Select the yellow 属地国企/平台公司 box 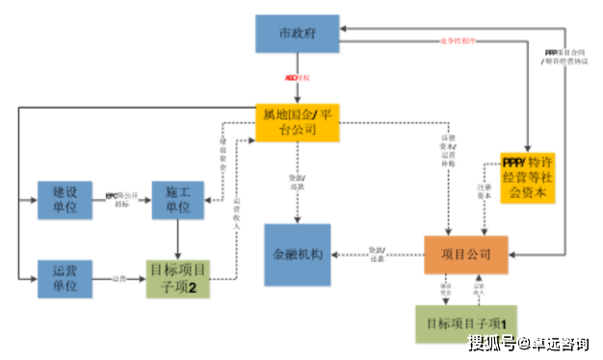299,122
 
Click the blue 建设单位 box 65,199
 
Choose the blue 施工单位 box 178,199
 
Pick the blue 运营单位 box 65,278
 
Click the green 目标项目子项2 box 178,278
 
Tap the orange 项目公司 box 465,254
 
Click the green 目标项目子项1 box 466,323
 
